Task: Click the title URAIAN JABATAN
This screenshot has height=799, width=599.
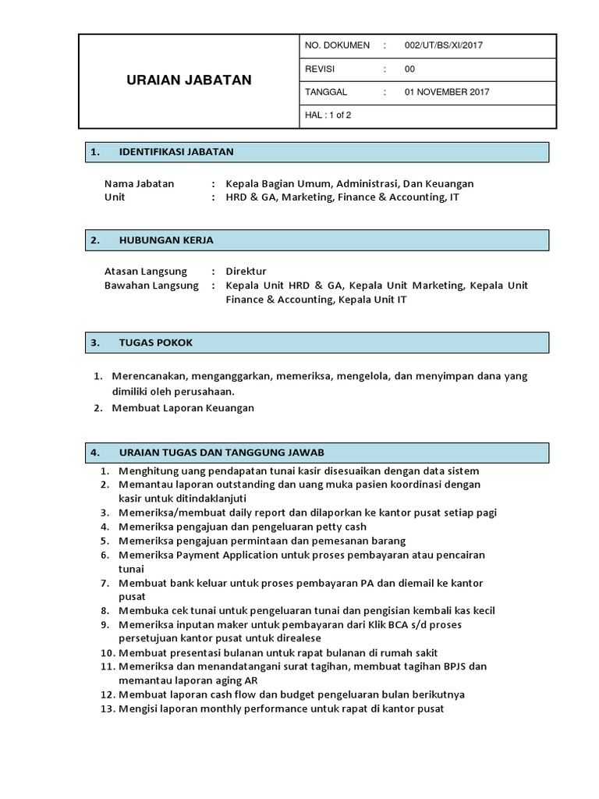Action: [189, 80]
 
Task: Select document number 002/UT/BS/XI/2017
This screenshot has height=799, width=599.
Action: [443, 45]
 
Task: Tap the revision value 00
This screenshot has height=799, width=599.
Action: [409, 69]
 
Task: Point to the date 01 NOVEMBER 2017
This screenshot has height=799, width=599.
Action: [447, 92]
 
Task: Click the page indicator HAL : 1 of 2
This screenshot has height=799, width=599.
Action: [328, 115]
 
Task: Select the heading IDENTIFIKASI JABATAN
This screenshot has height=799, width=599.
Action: [175, 151]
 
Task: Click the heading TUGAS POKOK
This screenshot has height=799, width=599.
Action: [155, 343]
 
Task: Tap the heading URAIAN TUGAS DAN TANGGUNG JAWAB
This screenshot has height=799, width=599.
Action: [222, 453]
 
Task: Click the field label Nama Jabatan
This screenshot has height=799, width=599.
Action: [139, 184]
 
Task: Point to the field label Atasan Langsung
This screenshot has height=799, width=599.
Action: [145, 272]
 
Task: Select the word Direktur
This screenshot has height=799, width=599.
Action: [246, 272]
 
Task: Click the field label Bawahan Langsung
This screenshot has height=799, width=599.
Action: [151, 286]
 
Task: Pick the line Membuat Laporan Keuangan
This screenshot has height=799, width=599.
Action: [183, 407]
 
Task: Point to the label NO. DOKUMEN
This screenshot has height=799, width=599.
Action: [337, 45]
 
